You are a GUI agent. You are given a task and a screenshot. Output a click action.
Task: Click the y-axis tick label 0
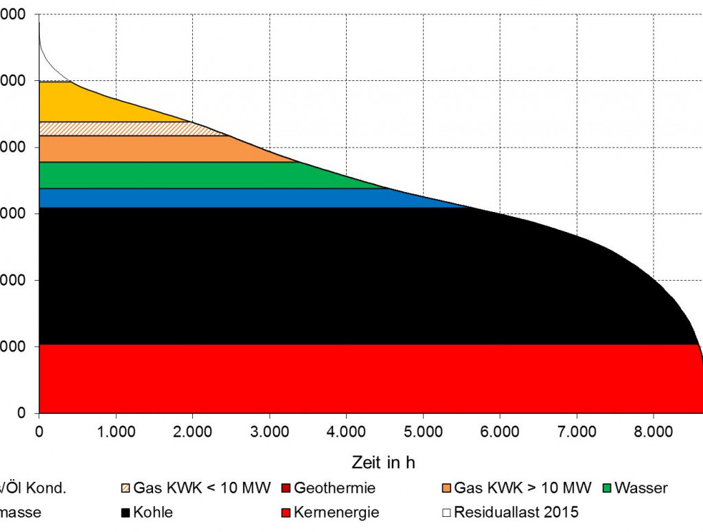22,413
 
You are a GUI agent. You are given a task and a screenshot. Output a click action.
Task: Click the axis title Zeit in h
384,462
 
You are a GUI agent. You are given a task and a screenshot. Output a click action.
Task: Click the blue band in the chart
206,198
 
